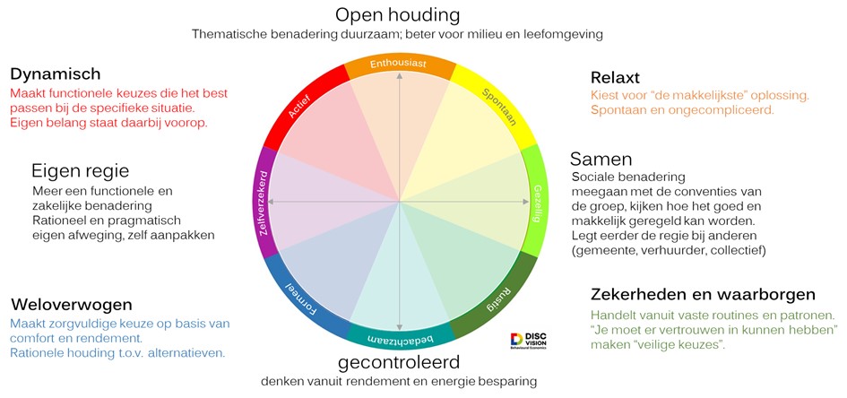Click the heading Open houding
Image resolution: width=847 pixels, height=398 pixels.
[x=398, y=14]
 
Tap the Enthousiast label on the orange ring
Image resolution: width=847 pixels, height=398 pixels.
[x=398, y=64]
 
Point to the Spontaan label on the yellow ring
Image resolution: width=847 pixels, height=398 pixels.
[x=498, y=107]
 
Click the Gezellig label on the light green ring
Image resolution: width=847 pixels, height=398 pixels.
[x=538, y=203]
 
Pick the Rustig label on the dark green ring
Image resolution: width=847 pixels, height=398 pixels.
[x=498, y=298]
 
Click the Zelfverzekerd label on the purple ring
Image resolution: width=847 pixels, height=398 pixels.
[x=264, y=203]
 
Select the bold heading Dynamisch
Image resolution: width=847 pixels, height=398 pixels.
[x=55, y=74]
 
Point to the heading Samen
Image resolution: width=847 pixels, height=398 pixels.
[x=601, y=160]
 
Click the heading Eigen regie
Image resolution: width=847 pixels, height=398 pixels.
[x=81, y=171]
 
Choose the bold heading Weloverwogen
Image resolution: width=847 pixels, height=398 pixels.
[x=71, y=305]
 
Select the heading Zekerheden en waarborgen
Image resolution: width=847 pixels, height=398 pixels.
[x=703, y=295]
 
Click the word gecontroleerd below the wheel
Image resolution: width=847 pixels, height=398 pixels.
[x=399, y=362]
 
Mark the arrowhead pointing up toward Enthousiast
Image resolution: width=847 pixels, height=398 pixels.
[x=400, y=75]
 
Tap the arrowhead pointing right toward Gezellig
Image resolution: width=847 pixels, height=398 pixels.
[x=525, y=202]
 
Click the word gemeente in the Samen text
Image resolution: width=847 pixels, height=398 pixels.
[x=601, y=250]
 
